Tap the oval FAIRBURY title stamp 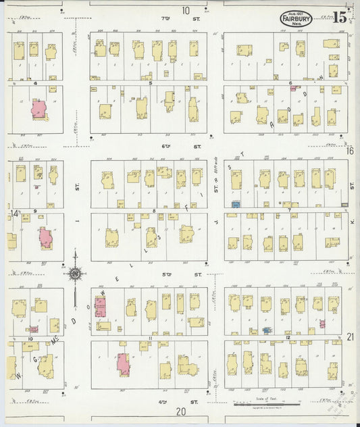pos(296,20)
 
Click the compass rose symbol pos(74,273)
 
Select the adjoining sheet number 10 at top pos(185,10)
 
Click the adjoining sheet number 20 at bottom pos(180,411)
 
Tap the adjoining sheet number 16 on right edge pos(349,151)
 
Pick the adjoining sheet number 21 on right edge pos(350,336)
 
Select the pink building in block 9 pos(45,238)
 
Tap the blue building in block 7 pos(236,203)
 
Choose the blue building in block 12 pos(266,330)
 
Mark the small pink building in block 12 pos(322,324)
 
